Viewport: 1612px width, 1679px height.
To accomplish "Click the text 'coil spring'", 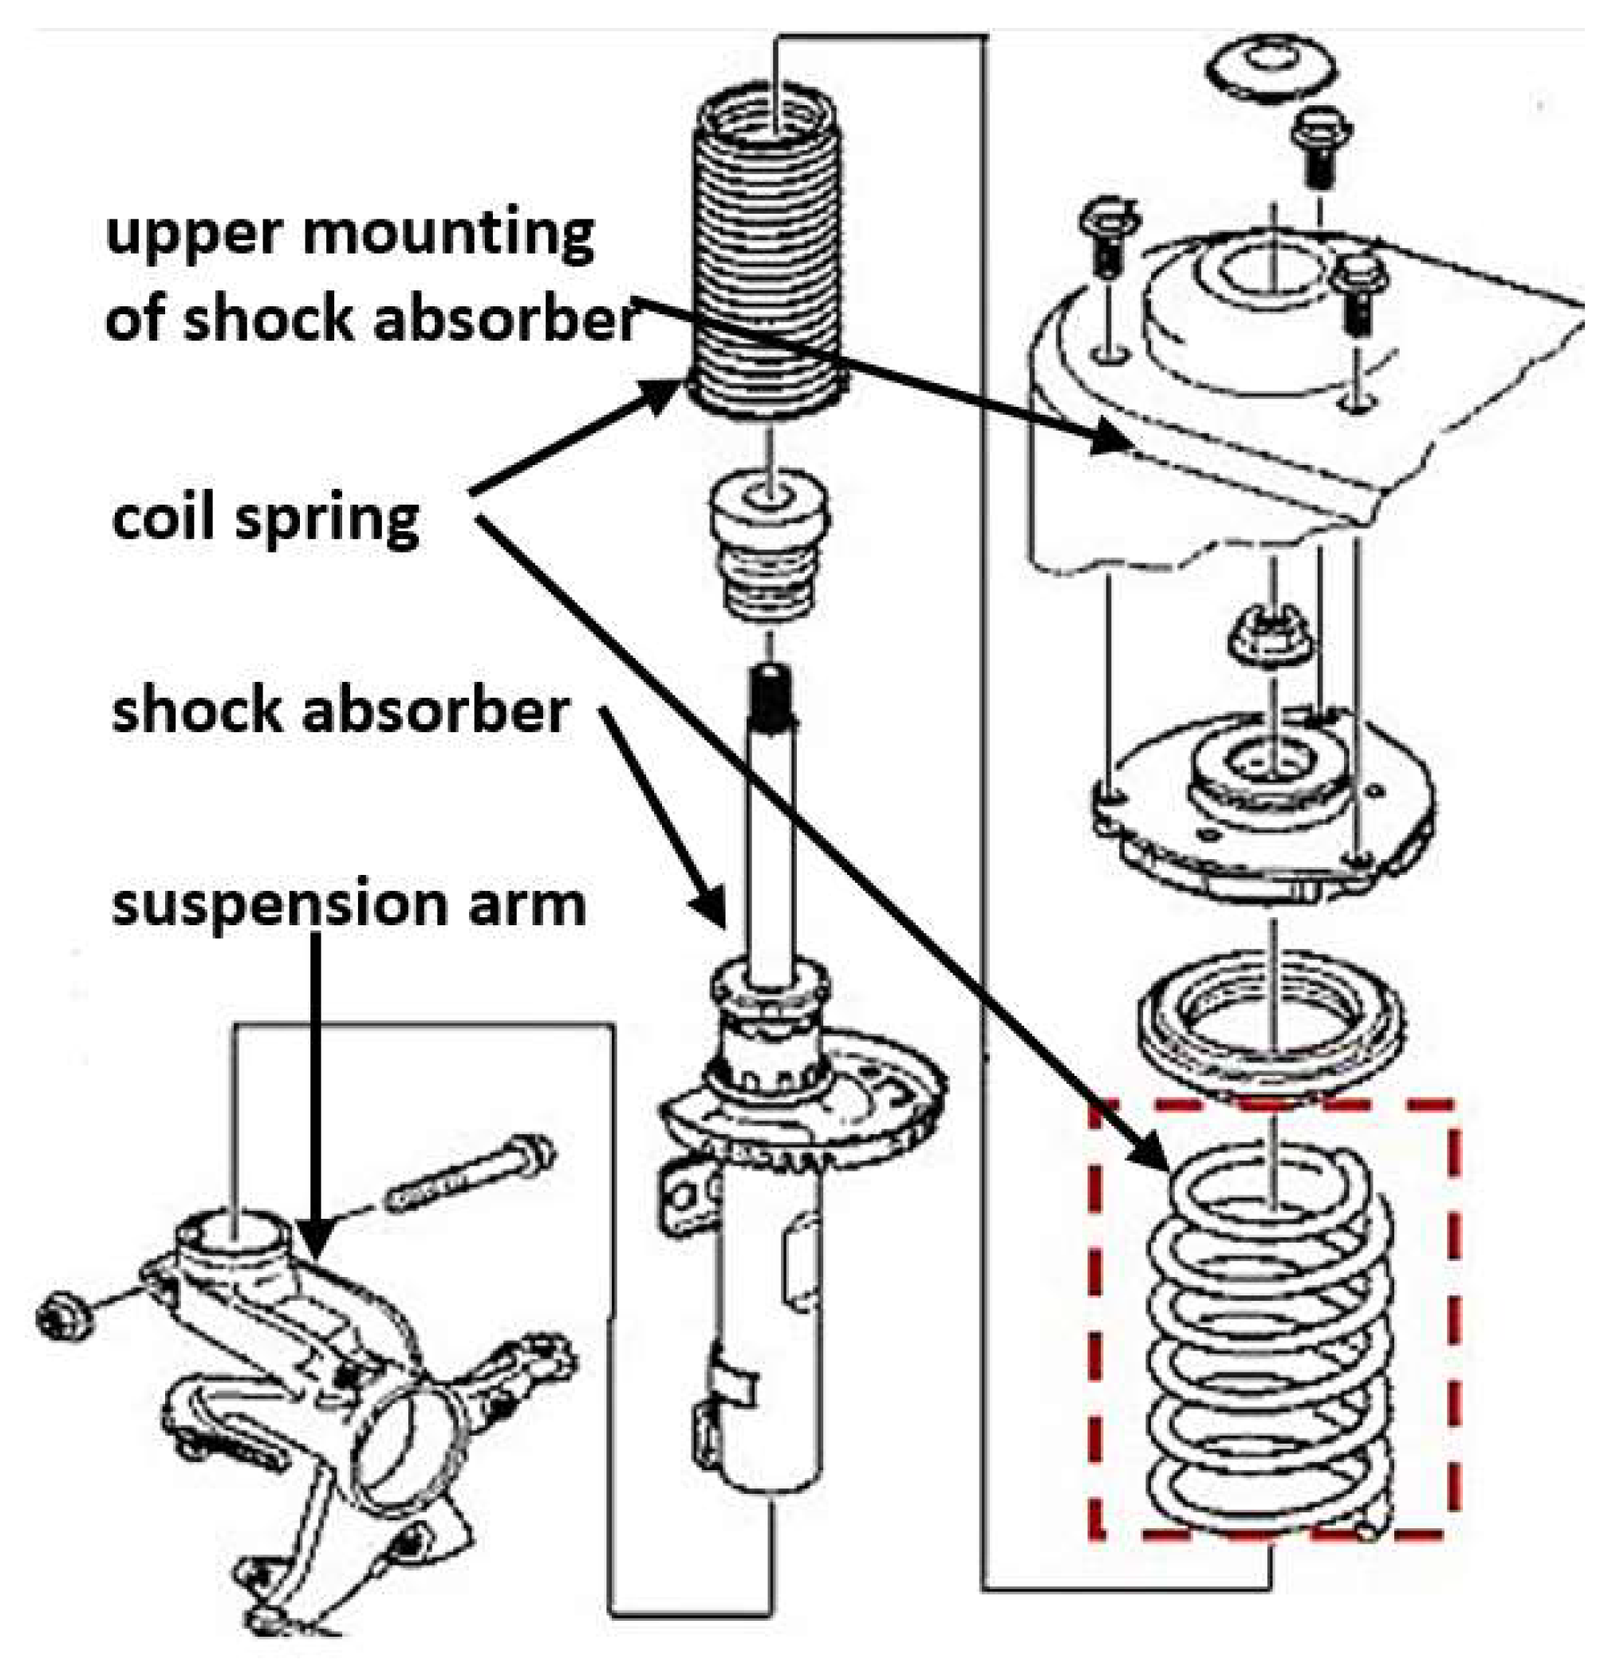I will (266, 519).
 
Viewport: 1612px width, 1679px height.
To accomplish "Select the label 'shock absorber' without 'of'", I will (340, 711).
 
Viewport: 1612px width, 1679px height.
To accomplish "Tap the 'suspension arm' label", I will (349, 905).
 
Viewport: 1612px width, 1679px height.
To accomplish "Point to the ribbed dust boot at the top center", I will (767, 257).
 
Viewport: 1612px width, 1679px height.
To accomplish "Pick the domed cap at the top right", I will (1273, 71).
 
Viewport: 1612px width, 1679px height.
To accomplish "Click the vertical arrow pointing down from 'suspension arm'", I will (316, 1113).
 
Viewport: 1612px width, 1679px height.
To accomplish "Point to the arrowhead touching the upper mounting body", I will (1113, 437).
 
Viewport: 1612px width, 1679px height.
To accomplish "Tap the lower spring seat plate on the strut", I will (805, 1105).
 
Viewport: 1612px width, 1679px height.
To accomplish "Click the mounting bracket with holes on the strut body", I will (688, 1195).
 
